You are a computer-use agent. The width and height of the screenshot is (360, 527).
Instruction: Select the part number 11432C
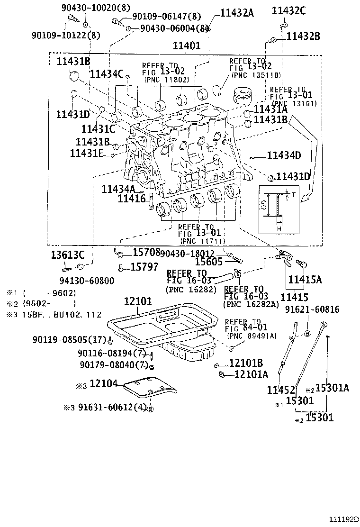289,11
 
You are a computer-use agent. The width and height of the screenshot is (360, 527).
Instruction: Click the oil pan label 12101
138,301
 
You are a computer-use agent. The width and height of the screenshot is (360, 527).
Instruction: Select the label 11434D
284,155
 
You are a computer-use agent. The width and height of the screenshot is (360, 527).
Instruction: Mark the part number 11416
132,199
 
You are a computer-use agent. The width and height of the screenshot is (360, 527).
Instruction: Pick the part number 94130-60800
87,281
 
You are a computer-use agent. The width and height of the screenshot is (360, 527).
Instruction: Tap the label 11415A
305,280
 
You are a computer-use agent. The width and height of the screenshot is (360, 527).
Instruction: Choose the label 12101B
246,363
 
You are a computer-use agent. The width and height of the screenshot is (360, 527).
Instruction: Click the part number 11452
281,390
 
